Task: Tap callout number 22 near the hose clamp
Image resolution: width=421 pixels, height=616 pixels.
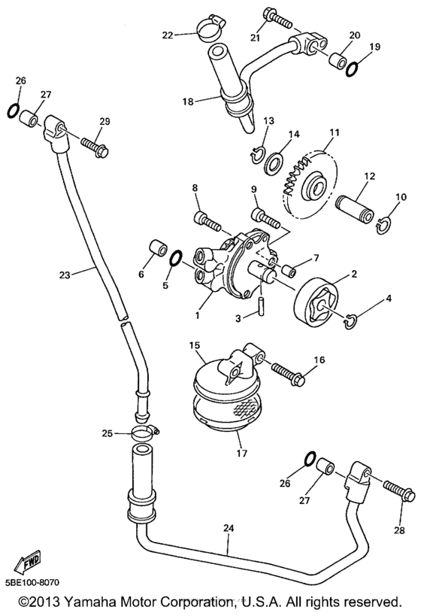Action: tap(168, 35)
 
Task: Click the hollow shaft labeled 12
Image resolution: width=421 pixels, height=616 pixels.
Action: tap(355, 208)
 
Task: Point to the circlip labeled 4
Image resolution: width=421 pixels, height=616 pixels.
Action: tap(350, 322)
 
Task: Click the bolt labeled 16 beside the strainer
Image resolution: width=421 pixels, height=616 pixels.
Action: tap(289, 374)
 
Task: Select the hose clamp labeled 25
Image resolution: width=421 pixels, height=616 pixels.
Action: tap(144, 432)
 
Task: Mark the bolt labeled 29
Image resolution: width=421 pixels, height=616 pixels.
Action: tap(95, 145)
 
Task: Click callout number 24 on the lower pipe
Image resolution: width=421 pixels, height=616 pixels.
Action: tap(229, 528)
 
